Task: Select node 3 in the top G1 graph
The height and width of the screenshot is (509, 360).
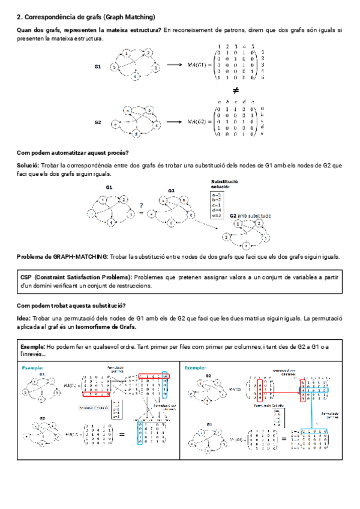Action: click(x=155, y=69)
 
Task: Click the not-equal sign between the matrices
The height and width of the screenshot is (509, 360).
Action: click(x=235, y=90)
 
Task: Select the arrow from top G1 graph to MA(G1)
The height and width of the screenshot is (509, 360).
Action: click(x=174, y=65)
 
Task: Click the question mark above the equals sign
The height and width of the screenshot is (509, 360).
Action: click(x=141, y=204)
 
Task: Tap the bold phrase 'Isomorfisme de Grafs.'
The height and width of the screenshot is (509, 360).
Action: click(x=109, y=327)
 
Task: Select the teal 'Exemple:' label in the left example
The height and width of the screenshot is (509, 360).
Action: click(x=32, y=367)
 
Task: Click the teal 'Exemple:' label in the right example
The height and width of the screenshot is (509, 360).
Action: click(x=196, y=367)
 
